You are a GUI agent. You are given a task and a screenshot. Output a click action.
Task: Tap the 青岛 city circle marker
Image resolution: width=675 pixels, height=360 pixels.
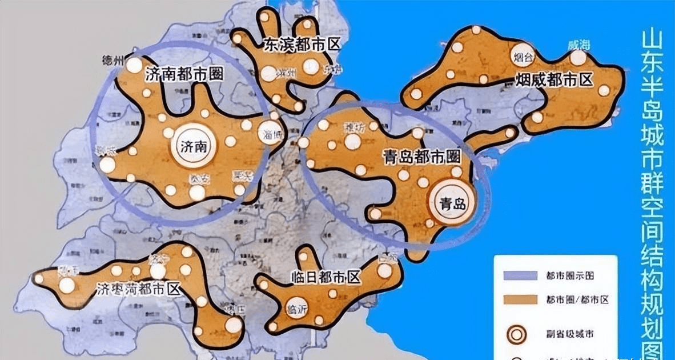(x=451, y=203)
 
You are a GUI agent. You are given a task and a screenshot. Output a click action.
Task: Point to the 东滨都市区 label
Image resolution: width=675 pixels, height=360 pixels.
(x=298, y=46)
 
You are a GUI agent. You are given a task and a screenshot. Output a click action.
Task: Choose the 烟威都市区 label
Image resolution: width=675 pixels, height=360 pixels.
(x=555, y=79)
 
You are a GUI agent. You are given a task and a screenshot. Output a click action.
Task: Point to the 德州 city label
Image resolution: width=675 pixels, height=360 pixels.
(x=112, y=61)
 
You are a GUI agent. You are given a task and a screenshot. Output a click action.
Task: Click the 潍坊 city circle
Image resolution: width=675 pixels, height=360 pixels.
(x=352, y=140)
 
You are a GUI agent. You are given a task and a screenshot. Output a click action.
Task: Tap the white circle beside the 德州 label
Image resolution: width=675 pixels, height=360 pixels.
(x=134, y=65)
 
